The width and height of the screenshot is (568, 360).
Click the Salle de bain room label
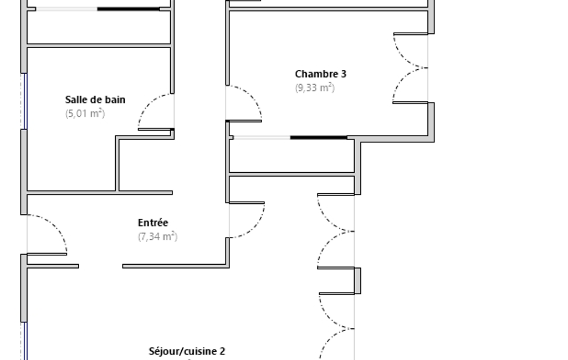95,100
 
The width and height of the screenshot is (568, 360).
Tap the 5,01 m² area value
85,114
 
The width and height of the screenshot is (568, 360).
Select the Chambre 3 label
321,74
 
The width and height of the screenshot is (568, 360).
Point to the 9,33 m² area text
315,88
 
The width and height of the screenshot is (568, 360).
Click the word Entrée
153,223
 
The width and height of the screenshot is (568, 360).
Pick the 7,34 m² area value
157,237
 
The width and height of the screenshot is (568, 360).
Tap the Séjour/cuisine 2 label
187,351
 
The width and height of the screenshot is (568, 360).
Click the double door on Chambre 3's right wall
410,68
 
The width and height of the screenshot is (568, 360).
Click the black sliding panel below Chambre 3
319,137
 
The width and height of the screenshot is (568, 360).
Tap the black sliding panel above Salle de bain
129,9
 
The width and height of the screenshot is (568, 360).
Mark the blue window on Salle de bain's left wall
24,101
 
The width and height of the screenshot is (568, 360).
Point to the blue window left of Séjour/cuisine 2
24,341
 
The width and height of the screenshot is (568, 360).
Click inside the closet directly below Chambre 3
291,156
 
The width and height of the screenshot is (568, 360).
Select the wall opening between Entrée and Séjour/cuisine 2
100,266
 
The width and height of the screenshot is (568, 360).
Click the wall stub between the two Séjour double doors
357,280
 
